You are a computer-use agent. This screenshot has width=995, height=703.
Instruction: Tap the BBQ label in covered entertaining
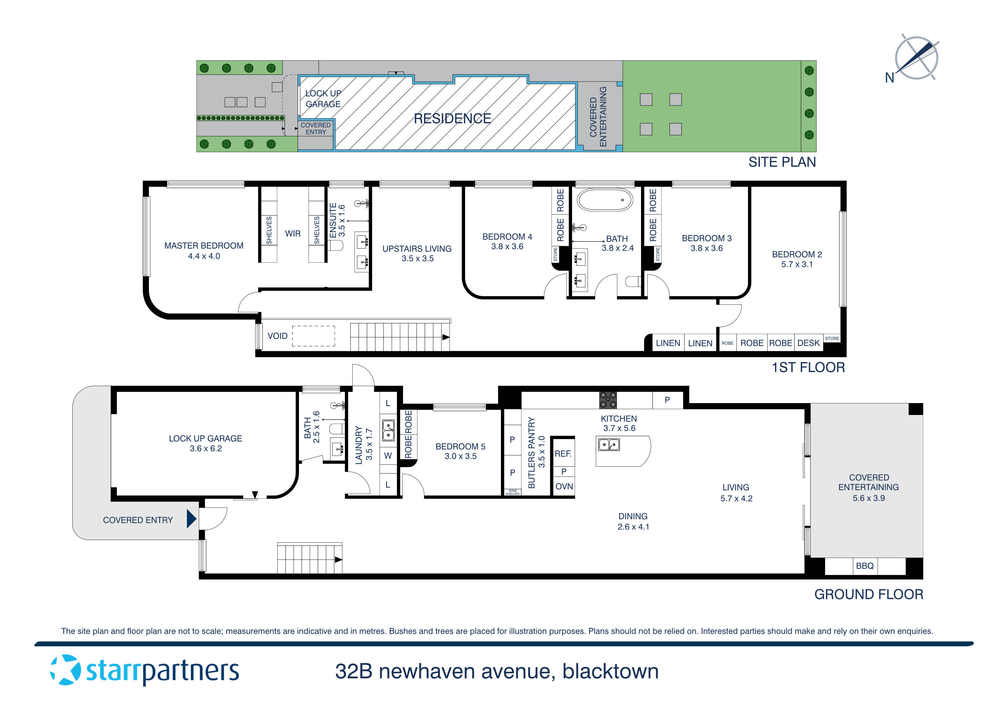pos(865,566)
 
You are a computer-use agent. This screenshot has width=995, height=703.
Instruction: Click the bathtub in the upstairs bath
pos(604,200)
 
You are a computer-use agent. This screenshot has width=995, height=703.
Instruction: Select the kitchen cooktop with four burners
pos(608,400)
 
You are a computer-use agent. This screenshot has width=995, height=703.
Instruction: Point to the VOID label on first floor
pos(277,336)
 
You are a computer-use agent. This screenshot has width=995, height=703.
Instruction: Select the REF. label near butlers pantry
pos(563,454)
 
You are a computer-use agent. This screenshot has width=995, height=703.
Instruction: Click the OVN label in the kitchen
pos(564,486)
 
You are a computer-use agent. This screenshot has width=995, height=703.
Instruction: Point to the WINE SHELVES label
pos(512,492)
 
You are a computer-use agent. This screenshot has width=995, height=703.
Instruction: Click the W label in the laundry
pos(388,456)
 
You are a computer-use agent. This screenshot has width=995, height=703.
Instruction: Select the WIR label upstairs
pos(292,234)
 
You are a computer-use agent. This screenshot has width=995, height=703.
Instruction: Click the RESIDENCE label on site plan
pos(452,118)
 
